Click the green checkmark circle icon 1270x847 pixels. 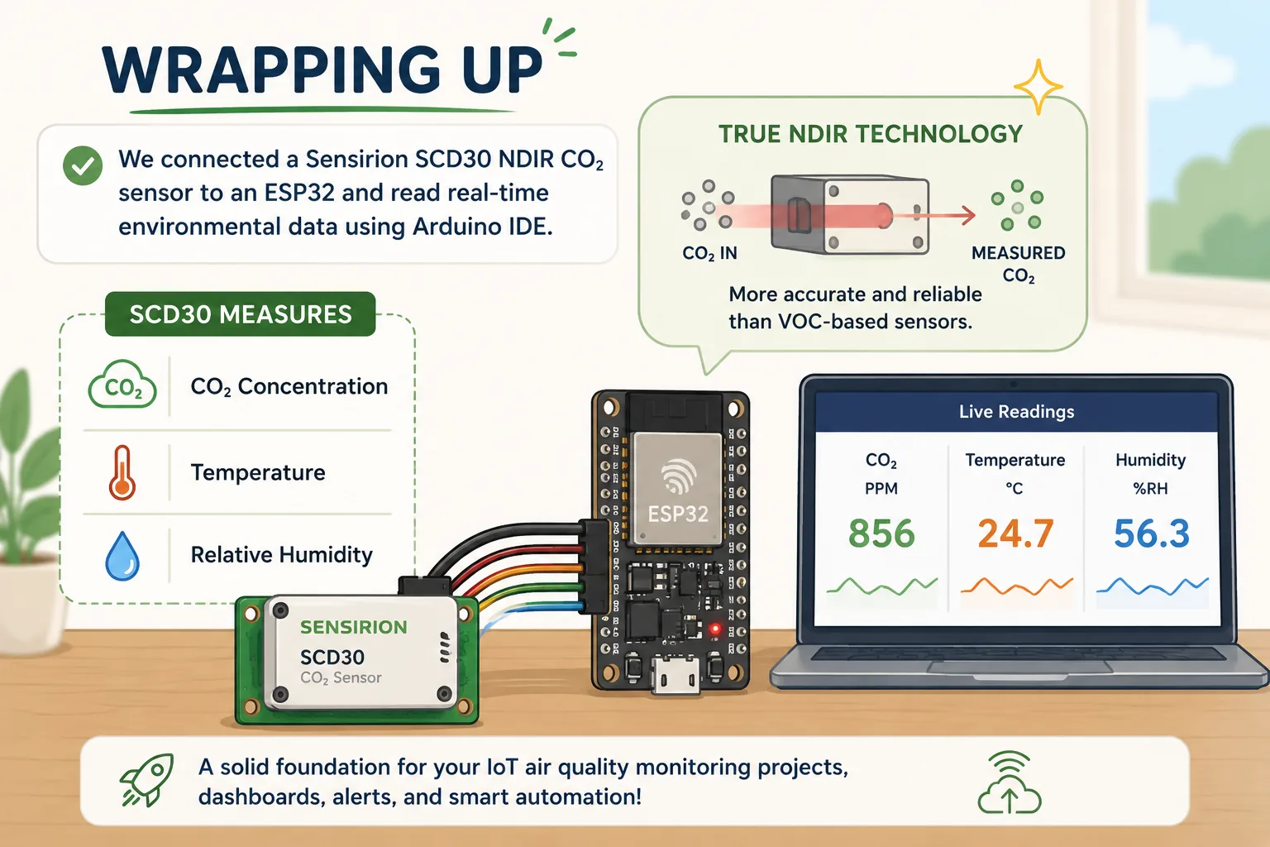83,165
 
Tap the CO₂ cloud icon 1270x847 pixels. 122,384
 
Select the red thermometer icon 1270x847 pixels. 122,472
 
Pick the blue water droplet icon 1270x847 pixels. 122,556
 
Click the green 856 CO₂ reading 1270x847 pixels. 881,534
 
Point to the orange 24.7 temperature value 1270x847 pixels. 1015,534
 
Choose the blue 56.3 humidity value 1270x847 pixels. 1152,534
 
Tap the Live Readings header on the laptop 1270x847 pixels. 1016,411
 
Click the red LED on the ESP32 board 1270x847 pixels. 715,629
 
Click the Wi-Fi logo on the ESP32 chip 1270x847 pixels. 679,476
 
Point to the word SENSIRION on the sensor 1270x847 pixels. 353,627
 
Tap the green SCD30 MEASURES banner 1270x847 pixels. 241,313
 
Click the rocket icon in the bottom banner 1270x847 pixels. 147,779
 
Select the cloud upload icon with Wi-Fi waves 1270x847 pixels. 1010,782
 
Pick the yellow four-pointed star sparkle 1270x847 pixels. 1038,87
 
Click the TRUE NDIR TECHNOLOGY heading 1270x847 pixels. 871,134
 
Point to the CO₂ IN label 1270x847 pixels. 710,253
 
